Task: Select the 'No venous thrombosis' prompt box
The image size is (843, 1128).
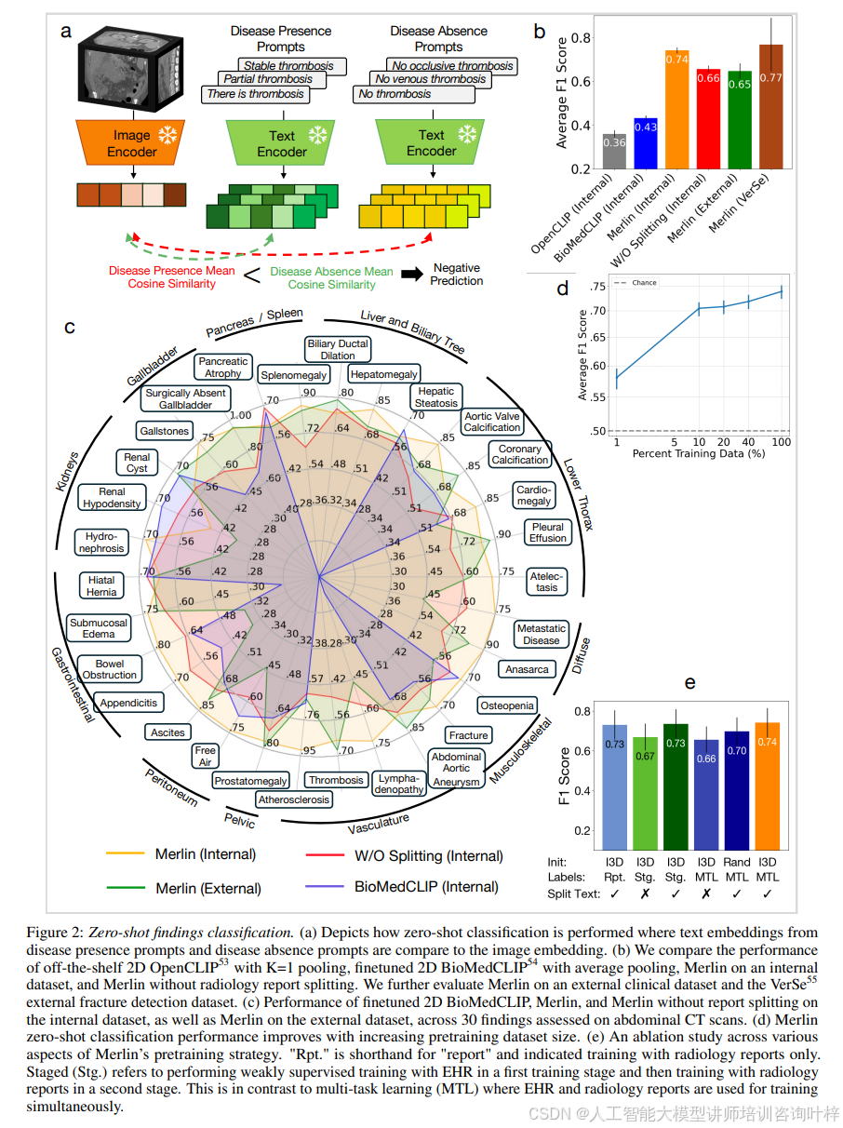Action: click(x=431, y=80)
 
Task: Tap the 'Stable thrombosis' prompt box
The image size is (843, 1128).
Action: click(x=288, y=66)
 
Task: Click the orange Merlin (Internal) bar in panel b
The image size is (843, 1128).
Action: click(x=676, y=109)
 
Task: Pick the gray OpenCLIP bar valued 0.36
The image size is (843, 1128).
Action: click(x=613, y=151)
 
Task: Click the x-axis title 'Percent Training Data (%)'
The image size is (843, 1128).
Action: click(x=698, y=453)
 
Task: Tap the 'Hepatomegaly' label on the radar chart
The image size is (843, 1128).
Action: click(x=383, y=374)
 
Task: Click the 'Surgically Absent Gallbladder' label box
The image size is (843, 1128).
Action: click(x=184, y=399)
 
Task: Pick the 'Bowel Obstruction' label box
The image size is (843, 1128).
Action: click(x=109, y=670)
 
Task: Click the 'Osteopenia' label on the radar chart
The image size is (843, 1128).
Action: click(x=507, y=705)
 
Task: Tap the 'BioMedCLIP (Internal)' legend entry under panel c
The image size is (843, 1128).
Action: click(x=426, y=887)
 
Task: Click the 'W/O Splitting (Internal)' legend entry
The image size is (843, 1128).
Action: click(x=429, y=855)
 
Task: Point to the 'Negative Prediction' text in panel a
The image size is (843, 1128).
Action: click(x=457, y=275)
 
